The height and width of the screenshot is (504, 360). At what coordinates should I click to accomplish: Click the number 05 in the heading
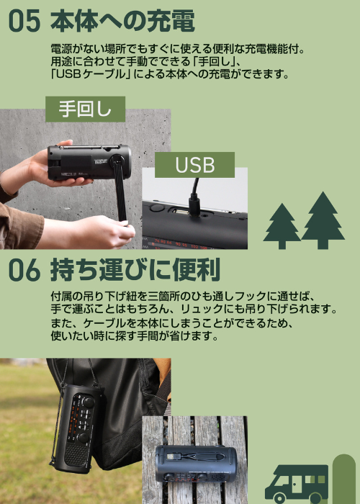[x=24, y=21]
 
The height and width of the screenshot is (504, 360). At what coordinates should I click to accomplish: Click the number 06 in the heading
[x=24, y=270]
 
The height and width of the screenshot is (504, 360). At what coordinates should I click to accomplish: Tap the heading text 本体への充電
[x=122, y=21]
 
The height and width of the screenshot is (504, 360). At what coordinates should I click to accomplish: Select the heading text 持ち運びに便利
[x=135, y=270]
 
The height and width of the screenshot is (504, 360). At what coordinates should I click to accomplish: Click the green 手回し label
[x=85, y=109]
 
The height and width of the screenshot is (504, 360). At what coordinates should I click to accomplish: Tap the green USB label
[x=195, y=165]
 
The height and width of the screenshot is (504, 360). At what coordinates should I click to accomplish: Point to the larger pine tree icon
[x=323, y=220]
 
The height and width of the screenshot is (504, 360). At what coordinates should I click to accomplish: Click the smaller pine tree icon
[x=282, y=226]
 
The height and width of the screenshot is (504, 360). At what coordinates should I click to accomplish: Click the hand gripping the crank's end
[x=106, y=231]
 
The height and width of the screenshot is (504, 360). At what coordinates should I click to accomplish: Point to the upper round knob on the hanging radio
[x=87, y=402]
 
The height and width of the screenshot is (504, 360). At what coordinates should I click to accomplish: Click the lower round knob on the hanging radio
[x=84, y=438]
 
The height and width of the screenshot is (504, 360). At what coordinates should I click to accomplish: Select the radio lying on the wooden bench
[x=196, y=464]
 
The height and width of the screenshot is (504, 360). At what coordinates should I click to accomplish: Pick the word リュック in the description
[x=204, y=309]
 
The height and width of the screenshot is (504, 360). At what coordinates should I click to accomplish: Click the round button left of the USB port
[x=157, y=208]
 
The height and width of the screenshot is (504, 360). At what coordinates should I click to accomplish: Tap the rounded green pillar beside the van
[x=344, y=479]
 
